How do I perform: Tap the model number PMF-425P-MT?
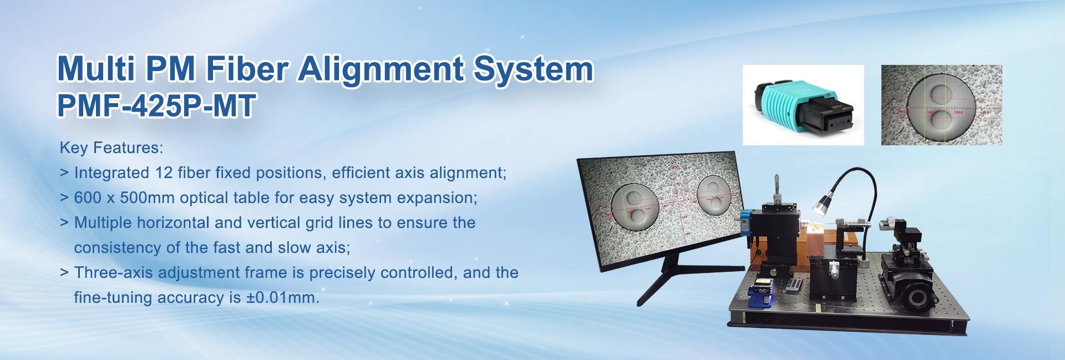pos(155,106)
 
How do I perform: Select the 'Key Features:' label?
pos(111,149)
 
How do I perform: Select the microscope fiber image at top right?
pos(941,105)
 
